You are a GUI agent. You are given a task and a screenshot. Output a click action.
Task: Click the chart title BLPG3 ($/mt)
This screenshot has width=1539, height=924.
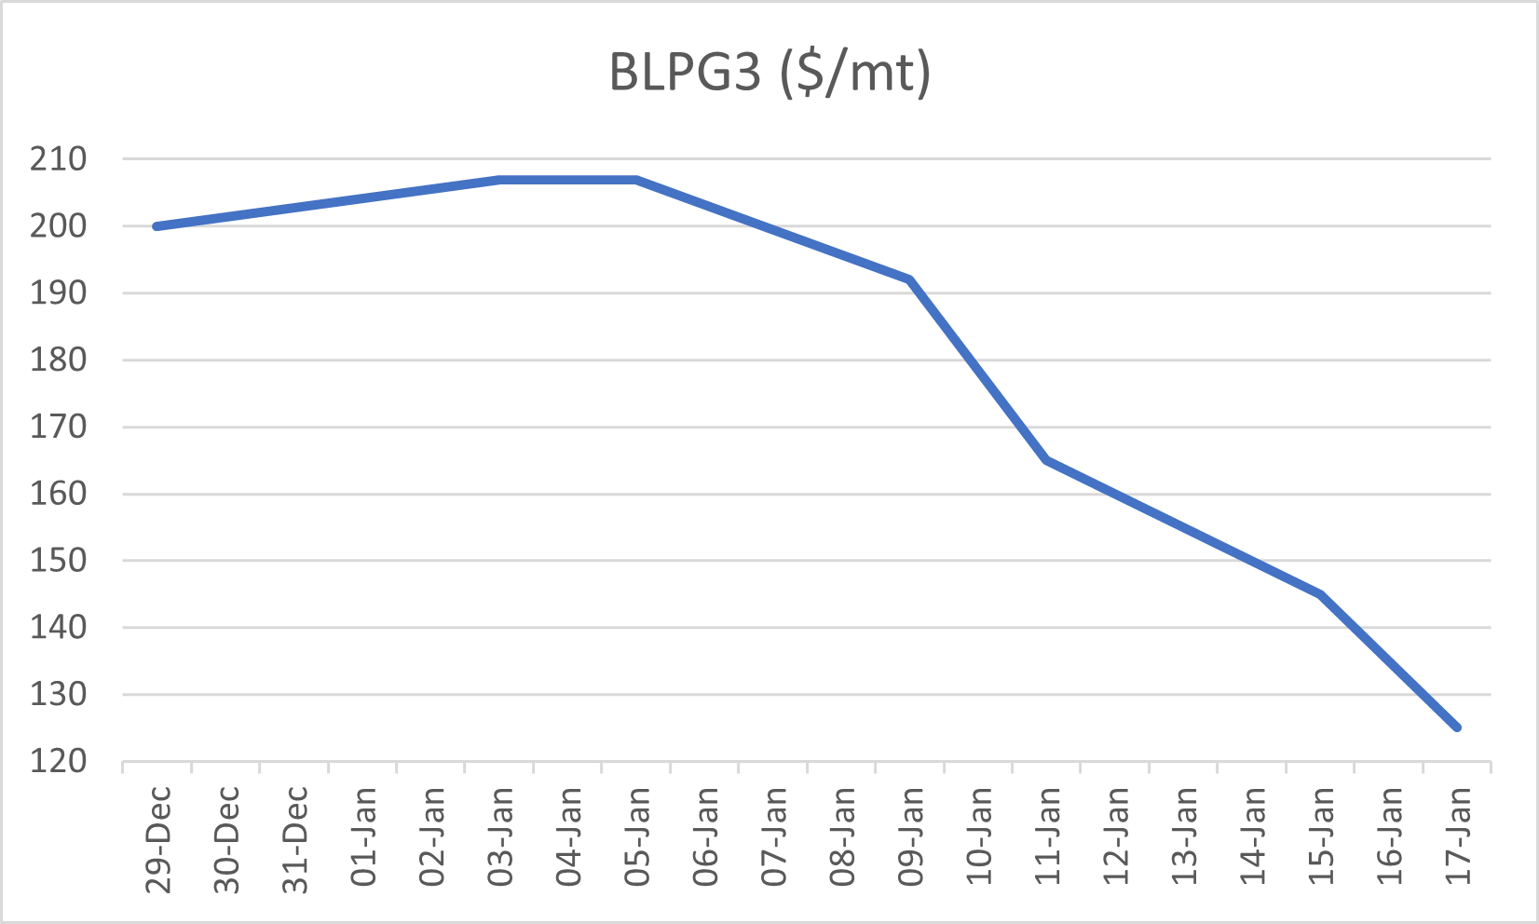point(769,73)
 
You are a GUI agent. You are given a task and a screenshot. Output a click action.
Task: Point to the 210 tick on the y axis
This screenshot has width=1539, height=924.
point(58,159)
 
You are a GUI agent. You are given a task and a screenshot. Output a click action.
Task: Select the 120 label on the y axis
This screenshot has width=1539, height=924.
point(58,762)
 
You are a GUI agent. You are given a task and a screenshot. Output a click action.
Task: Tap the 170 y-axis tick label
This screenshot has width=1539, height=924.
point(58,428)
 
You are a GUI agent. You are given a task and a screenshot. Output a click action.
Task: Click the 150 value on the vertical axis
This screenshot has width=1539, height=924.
point(58,561)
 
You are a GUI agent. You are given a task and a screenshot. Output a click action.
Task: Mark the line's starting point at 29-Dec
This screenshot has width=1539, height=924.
point(157,226)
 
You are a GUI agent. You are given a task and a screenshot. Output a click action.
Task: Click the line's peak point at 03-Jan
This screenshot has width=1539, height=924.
point(499,180)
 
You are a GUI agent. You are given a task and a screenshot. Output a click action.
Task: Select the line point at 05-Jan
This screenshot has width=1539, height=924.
point(636,180)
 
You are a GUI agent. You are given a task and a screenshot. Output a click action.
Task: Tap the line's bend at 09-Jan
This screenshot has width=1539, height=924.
point(910,279)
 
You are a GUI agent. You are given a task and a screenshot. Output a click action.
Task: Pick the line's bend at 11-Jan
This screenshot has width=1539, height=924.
point(1047,460)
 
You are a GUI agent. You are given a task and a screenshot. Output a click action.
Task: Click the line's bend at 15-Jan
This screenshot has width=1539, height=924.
point(1321,594)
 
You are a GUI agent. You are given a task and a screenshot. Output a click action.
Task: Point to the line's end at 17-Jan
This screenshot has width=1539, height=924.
point(1457,727)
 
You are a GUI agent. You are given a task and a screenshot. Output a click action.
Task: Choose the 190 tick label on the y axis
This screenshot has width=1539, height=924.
point(58,293)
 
